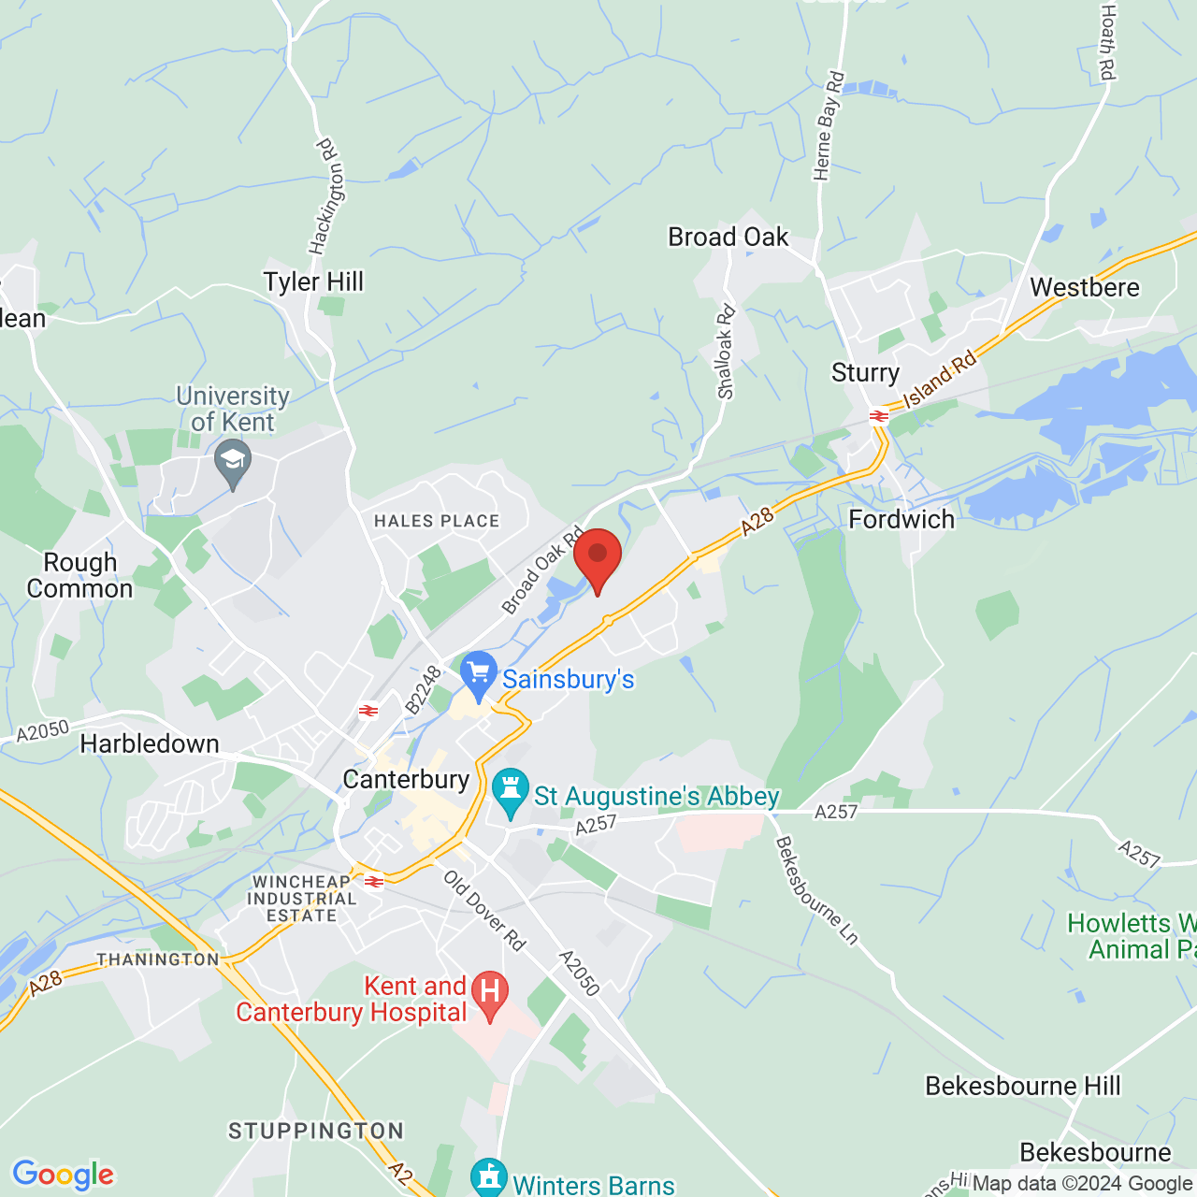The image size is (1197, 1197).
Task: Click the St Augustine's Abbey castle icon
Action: pyautogui.click(x=511, y=791)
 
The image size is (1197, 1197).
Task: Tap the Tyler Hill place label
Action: pyautogui.click(x=313, y=281)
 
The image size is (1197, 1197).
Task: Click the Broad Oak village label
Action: pyautogui.click(x=728, y=238)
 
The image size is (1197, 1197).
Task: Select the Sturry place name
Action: pyautogui.click(x=865, y=373)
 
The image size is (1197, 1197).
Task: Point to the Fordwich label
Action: pyautogui.click(x=901, y=520)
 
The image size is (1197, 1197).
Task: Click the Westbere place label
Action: pyautogui.click(x=1085, y=287)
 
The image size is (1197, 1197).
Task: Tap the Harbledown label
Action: pyautogui.click(x=150, y=744)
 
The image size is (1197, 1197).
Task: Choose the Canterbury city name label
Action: pyautogui.click(x=406, y=779)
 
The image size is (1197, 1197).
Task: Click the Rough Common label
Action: pyautogui.click(x=80, y=575)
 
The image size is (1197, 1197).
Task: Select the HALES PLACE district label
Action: pyautogui.click(x=437, y=521)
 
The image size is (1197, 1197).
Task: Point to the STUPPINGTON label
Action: pyautogui.click(x=316, y=1132)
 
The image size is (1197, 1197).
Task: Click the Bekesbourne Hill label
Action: pyautogui.click(x=1022, y=1086)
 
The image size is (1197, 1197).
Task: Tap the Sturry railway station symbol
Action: pyautogui.click(x=878, y=416)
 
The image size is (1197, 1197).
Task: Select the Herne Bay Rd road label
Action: pyautogui.click(x=829, y=126)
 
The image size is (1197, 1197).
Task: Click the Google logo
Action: pyautogui.click(x=64, y=1175)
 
